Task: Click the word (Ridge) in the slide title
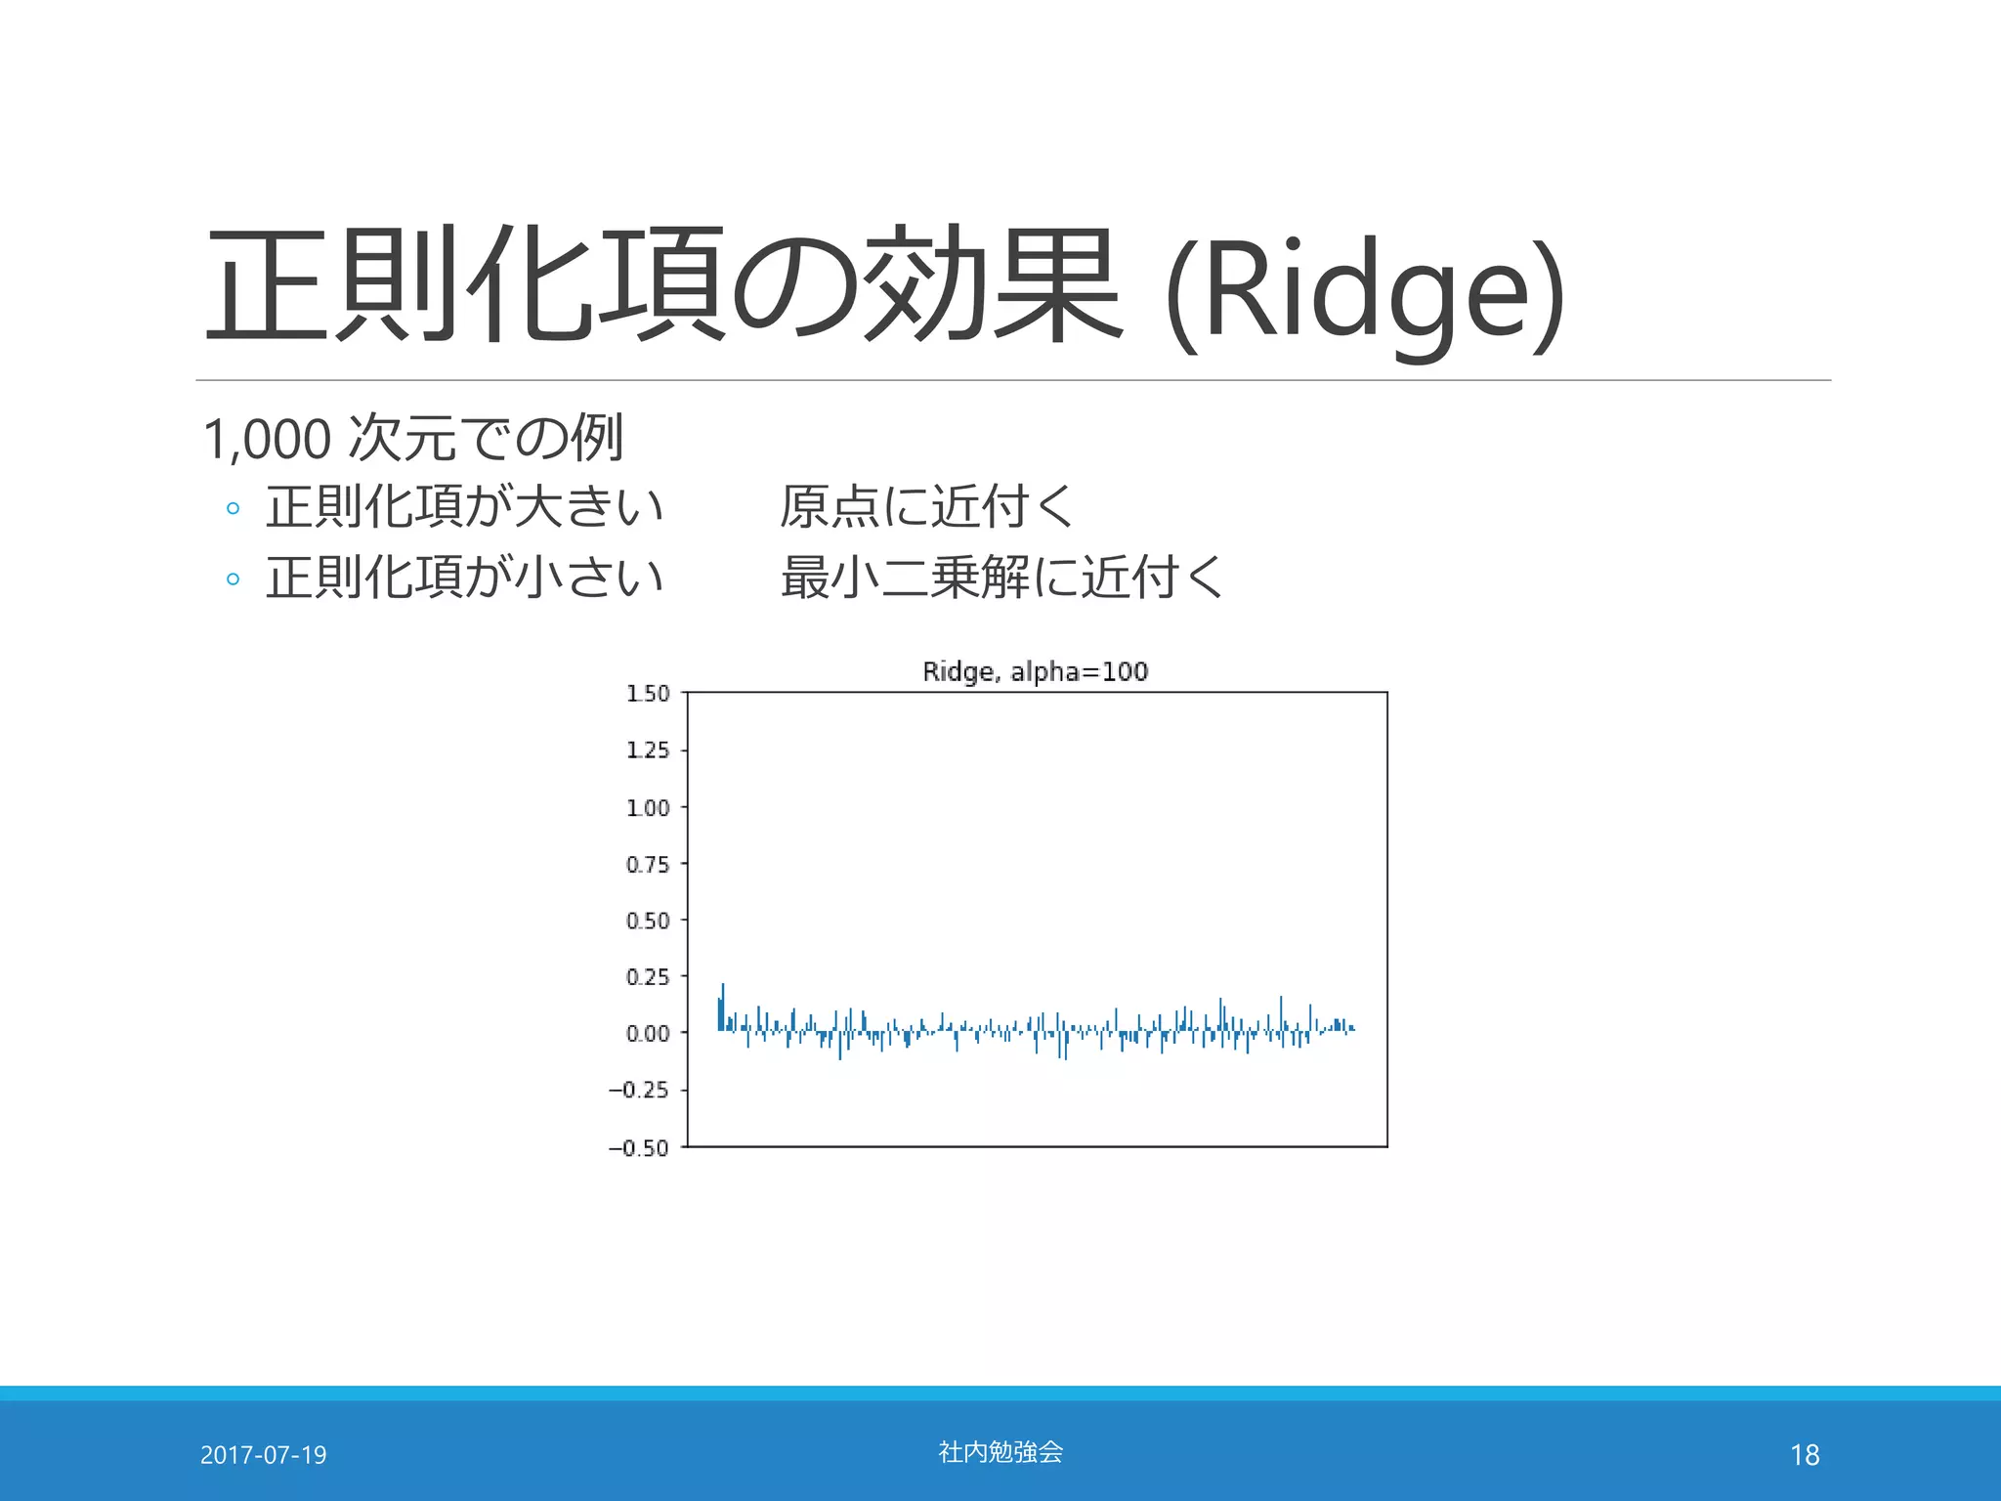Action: pyautogui.click(x=1366, y=293)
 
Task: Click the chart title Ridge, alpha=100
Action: pyautogui.click(x=1035, y=671)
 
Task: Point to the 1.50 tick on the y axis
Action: pyautogui.click(x=648, y=694)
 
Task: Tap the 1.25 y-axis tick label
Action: pyautogui.click(x=648, y=750)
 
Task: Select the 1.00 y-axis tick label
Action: pyautogui.click(x=648, y=808)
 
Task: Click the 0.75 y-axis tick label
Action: pyautogui.click(x=648, y=865)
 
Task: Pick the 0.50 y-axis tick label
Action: pyautogui.click(x=648, y=922)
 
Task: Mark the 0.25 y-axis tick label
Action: pyautogui.click(x=648, y=977)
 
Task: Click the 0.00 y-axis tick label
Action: pyautogui.click(x=648, y=1034)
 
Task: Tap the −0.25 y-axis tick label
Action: pyautogui.click(x=639, y=1091)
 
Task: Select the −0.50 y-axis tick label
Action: pyautogui.click(x=639, y=1148)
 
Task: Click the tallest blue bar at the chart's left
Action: pyautogui.click(x=723, y=1007)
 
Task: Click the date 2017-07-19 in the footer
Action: pyautogui.click(x=263, y=1455)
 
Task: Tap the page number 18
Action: pyautogui.click(x=1805, y=1455)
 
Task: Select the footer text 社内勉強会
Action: pyautogui.click(x=1000, y=1452)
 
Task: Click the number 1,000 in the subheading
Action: pyautogui.click(x=267, y=439)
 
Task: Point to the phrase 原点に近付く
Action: pyautogui.click(x=926, y=507)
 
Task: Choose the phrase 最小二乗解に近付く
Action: pyautogui.click(x=1001, y=577)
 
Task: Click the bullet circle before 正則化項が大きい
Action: pyautogui.click(x=233, y=508)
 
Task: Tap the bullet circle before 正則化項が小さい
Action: pyautogui.click(x=233, y=579)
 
